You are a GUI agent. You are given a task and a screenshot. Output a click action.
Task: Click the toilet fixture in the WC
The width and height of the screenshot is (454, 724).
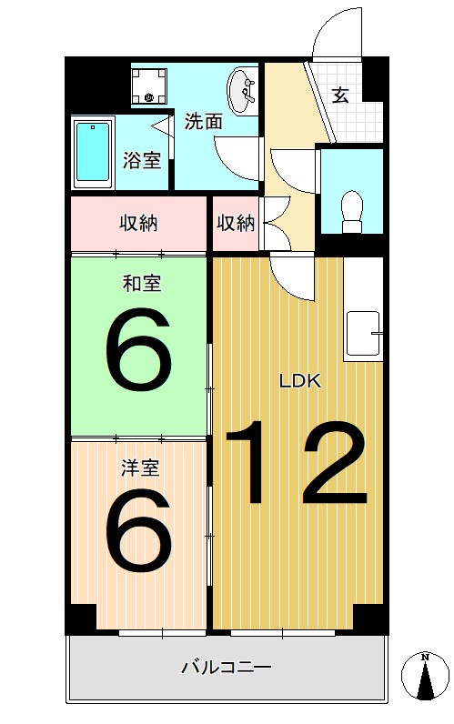tap(350, 209)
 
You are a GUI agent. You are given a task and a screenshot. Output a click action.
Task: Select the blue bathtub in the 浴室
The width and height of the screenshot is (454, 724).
tap(90, 151)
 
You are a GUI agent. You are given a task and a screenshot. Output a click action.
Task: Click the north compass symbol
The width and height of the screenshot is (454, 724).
tap(424, 678)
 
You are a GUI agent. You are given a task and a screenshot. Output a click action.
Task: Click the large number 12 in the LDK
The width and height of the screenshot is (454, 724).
tap(297, 464)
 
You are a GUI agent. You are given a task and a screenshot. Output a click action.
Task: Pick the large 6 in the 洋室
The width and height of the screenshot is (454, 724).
tap(138, 528)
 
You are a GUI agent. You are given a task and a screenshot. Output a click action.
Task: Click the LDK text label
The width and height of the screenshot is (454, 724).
tap(299, 382)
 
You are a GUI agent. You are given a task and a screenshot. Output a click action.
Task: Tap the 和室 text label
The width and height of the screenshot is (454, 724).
tap(142, 284)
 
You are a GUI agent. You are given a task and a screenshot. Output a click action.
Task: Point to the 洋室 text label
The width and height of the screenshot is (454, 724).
tap(142, 468)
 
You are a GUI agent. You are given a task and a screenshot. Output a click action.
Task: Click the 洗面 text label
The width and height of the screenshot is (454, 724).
tap(204, 122)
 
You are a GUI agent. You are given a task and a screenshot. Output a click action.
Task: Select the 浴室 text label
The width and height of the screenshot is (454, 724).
tap(142, 162)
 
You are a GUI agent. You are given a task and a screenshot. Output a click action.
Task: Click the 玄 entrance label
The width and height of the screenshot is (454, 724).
tap(340, 96)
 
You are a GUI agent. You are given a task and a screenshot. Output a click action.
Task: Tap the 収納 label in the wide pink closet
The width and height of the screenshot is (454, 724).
tap(138, 223)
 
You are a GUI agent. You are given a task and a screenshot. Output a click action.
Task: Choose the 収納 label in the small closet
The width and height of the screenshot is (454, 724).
tap(235, 223)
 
